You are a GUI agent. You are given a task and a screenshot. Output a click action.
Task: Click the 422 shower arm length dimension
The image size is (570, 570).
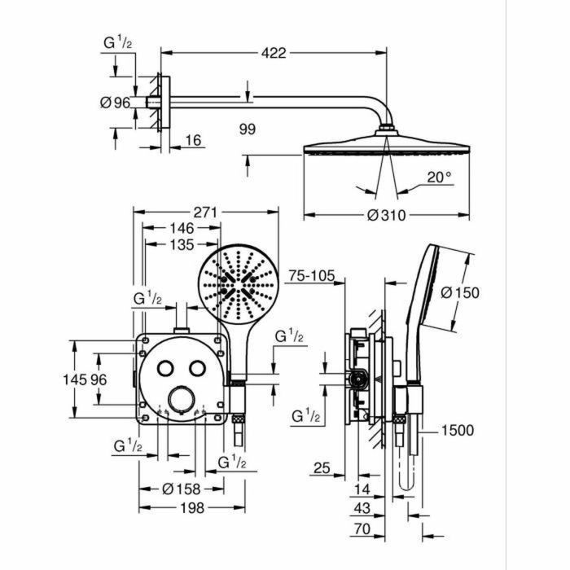point(273,54)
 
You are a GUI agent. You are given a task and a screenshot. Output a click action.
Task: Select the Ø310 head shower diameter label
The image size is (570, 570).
point(386,216)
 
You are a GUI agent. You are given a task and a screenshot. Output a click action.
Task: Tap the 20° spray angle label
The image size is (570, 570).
point(441,177)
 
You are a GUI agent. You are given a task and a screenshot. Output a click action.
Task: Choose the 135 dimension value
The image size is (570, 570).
point(180,244)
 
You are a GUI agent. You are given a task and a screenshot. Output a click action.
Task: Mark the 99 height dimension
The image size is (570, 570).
point(248,129)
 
